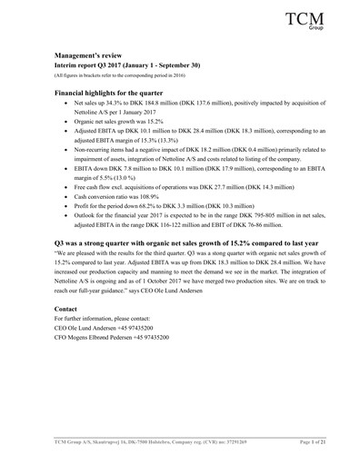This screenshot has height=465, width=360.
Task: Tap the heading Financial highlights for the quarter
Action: tap(116, 119)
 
